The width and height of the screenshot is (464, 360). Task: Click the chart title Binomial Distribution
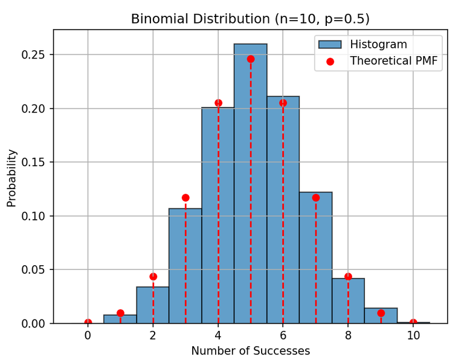tap(250, 19)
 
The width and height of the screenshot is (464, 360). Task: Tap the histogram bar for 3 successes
tap(185, 266)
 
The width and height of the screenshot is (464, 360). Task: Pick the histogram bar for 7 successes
tap(315, 260)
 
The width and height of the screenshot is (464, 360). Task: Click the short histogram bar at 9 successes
tap(381, 316)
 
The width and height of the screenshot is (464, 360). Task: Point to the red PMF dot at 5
tap(251, 59)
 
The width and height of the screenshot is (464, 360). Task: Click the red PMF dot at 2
tap(153, 277)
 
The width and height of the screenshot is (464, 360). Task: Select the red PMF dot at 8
tap(348, 277)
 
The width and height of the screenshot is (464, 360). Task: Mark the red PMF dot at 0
tap(88, 323)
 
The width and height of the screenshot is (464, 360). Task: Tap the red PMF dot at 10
tap(413, 323)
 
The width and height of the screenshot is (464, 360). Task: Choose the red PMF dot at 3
tap(185, 198)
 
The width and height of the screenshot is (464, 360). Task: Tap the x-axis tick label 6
tap(283, 334)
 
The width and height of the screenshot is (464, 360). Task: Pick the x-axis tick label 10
tap(413, 334)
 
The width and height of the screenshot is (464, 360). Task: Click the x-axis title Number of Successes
tap(250, 351)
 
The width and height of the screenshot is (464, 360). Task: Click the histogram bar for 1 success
tap(120, 320)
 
